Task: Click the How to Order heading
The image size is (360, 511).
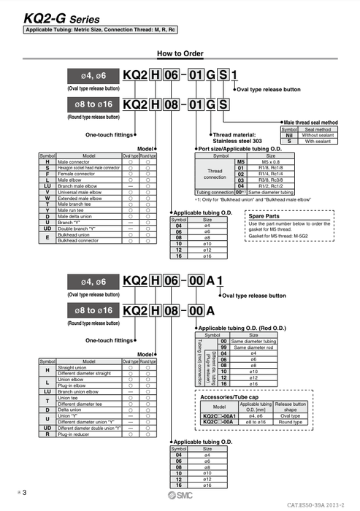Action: pos(180,54)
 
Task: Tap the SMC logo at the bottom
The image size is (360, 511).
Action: pos(180,498)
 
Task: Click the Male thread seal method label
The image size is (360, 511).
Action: pos(311,123)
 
